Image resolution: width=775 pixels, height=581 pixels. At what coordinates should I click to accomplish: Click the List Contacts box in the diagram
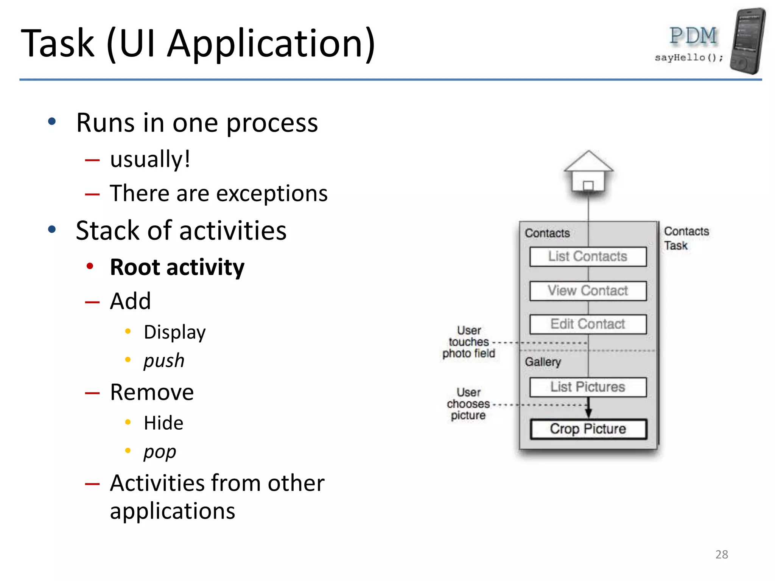588,256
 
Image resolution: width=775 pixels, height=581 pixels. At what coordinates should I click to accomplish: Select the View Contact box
588,290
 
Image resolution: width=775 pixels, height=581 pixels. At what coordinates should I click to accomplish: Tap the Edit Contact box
588,324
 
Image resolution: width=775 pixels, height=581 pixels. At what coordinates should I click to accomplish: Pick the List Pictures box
588,387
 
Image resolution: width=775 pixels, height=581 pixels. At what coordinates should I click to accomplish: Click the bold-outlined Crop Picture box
588,429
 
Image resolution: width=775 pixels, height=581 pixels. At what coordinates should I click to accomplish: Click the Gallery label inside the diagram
543,362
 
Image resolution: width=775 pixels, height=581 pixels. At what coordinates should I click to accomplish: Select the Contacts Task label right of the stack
686,238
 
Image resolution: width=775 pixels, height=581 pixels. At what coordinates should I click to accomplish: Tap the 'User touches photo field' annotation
468,342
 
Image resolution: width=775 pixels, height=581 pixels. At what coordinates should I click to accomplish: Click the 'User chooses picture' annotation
468,404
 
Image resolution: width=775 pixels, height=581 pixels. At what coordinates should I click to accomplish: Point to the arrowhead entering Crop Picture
588,413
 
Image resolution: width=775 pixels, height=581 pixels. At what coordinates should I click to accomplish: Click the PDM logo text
693,36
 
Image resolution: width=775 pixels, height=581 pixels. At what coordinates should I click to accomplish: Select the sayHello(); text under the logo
689,57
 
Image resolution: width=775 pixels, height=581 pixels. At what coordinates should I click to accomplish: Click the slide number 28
721,555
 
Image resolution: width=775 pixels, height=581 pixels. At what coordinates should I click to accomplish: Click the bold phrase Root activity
177,267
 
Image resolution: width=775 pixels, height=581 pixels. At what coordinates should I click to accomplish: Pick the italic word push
164,360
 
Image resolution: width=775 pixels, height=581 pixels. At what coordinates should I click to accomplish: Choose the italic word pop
160,451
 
